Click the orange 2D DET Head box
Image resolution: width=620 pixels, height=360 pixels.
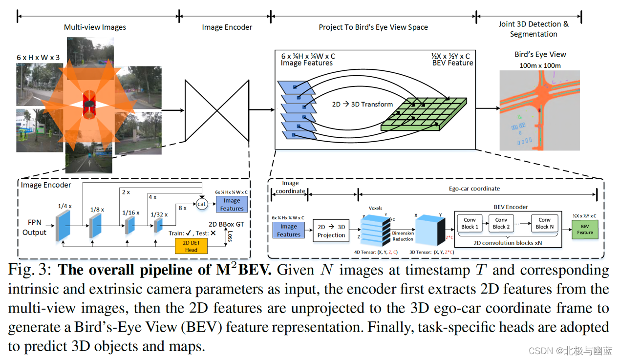tap(191, 246)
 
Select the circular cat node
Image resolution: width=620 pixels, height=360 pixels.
tap(202, 204)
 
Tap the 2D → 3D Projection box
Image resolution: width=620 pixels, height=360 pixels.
tap(331, 231)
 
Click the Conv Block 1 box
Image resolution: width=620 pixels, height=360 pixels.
tap(470, 223)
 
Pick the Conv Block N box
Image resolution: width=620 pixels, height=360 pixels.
tap(544, 223)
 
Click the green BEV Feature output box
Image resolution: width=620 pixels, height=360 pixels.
tap(585, 229)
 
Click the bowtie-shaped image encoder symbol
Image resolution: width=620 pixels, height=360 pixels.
tap(217, 110)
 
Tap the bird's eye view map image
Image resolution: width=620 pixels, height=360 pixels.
tap(539, 110)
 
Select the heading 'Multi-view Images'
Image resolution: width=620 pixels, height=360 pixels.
tap(95, 27)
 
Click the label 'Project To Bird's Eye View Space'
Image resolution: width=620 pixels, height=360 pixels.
tap(373, 27)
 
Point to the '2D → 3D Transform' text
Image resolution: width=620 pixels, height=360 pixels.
tap(363, 104)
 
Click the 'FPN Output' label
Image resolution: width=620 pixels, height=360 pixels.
tap(34, 228)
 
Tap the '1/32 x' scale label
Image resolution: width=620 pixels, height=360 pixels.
tap(159, 214)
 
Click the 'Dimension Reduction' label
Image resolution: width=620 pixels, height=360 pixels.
tap(403, 236)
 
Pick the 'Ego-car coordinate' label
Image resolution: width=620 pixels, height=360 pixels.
tap(474, 189)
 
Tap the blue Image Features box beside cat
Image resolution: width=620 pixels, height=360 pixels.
tap(232, 204)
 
